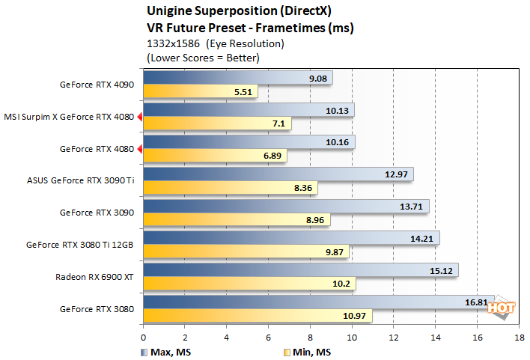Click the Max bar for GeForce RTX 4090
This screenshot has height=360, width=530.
click(x=237, y=78)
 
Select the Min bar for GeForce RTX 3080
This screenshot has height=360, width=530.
click(x=258, y=317)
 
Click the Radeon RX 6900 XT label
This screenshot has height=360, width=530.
click(x=94, y=277)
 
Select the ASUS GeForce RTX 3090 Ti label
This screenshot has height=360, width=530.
click(x=80, y=181)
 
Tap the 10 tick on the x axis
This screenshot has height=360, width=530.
click(x=352, y=338)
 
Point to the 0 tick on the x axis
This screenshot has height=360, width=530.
click(x=143, y=338)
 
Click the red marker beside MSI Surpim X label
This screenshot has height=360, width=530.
click(x=139, y=117)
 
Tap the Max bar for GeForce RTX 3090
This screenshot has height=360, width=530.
click(x=286, y=206)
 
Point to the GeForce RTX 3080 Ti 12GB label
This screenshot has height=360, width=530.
click(x=80, y=245)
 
